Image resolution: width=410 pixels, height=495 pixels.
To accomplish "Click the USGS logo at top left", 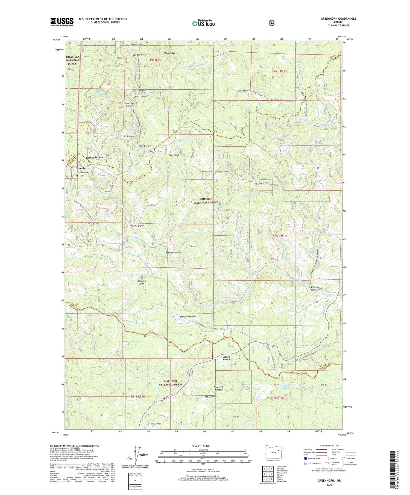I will [62, 22].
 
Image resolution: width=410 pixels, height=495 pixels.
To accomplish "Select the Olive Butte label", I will [169, 53].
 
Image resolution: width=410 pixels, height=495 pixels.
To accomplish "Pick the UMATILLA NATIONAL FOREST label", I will [72, 60].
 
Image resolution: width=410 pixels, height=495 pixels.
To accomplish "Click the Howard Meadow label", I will [188, 316].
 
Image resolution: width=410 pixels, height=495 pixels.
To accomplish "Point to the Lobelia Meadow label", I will [226, 358].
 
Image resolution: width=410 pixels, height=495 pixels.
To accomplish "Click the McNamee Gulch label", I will [173, 253].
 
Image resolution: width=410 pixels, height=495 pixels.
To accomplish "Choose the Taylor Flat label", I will [156, 424].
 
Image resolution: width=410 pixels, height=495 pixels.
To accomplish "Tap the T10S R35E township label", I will [137, 226].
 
